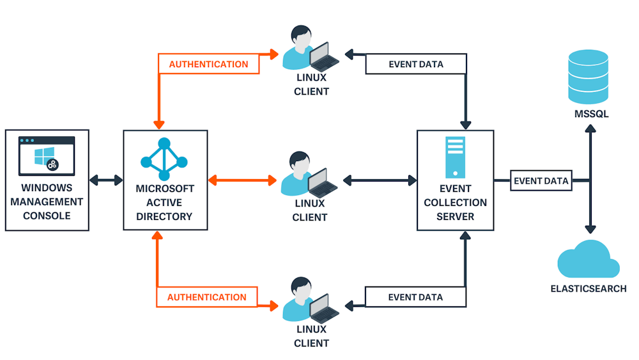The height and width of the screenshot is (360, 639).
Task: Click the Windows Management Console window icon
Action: coord(47,155)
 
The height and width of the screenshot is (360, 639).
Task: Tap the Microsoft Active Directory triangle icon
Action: coord(164,159)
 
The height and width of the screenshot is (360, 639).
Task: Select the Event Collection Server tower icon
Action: coord(456,157)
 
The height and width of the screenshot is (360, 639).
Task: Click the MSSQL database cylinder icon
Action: coord(589,78)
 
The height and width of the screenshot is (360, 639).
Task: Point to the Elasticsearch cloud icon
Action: coord(588,259)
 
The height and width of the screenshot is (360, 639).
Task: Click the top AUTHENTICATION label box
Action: coord(208,65)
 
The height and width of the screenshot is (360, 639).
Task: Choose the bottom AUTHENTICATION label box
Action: coord(207,297)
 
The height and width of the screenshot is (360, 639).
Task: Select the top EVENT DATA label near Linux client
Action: coord(416,65)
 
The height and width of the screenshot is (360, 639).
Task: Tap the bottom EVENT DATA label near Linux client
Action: coord(415,297)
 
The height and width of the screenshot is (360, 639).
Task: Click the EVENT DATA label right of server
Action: coord(541,181)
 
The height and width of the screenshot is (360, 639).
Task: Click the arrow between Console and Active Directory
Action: coord(106,180)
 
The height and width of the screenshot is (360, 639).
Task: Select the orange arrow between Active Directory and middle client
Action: coord(242,180)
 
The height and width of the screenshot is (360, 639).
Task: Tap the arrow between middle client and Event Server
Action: coord(380,180)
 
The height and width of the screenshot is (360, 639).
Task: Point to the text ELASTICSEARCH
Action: coord(589,288)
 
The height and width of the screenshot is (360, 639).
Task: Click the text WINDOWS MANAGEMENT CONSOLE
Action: coord(47,202)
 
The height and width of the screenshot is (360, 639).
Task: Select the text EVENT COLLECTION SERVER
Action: coord(456,203)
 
